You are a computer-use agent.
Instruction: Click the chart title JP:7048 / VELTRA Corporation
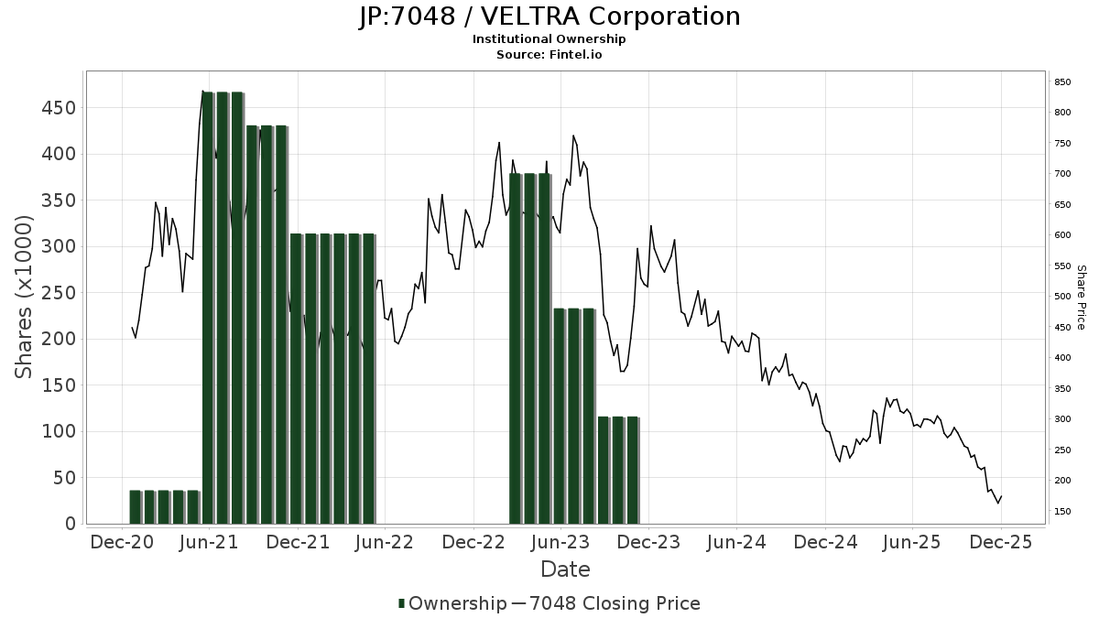[x=549, y=16]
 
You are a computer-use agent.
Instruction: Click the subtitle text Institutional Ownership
[x=549, y=39]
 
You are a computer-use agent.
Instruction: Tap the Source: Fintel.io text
[x=549, y=55]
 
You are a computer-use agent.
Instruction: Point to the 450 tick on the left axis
[x=59, y=108]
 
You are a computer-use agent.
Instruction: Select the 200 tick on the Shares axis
[x=59, y=340]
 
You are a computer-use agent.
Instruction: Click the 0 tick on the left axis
[x=70, y=525]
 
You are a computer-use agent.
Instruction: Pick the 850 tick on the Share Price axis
[x=1062, y=82]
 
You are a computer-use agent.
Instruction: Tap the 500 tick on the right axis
[x=1062, y=297]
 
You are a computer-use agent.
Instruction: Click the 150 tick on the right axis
[x=1062, y=512]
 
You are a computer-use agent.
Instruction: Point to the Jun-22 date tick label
[x=386, y=543]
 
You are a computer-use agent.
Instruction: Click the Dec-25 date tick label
[x=1000, y=543]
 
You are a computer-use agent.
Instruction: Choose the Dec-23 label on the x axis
[x=648, y=543]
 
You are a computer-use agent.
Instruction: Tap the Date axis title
[x=565, y=569]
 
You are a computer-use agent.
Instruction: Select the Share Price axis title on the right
[x=1081, y=297]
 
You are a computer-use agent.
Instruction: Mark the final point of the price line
[x=1001, y=496]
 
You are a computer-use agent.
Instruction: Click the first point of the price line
[x=132, y=327]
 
